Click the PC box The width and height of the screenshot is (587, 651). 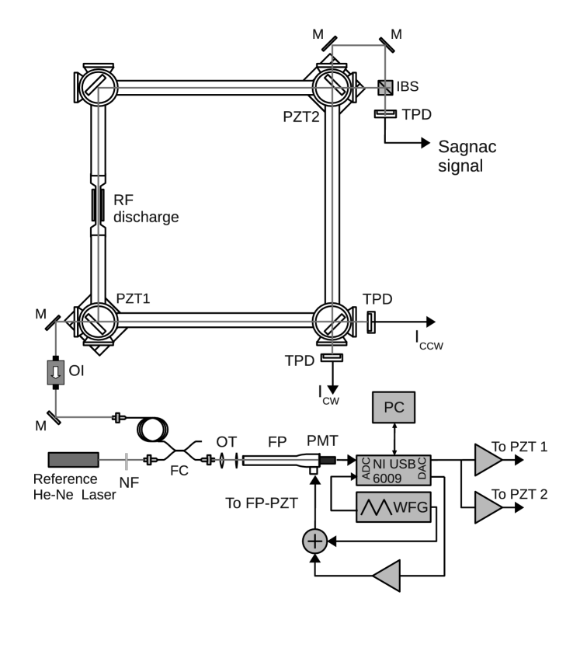click(393, 407)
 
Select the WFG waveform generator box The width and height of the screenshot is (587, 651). click(394, 507)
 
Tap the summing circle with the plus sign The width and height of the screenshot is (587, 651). click(315, 541)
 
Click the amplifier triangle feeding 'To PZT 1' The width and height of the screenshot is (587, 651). click(488, 460)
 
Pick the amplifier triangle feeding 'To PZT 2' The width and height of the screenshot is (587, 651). click(488, 507)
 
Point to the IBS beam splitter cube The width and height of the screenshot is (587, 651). click(385, 88)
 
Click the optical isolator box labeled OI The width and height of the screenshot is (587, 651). click(56, 372)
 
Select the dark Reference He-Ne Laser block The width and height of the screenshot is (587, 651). click(74, 460)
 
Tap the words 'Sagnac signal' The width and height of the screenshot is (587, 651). click(467, 156)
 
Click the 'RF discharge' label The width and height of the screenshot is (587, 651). click(146, 208)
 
